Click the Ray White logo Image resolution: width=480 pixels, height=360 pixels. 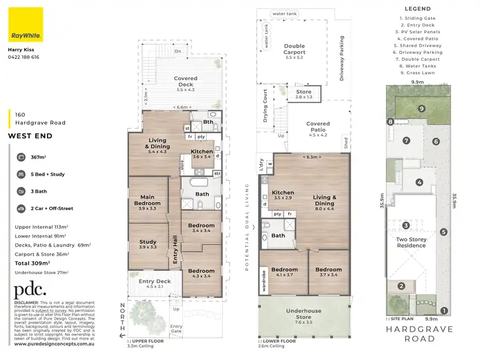pos(26,24)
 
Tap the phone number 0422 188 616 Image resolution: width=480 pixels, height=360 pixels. pos(24,57)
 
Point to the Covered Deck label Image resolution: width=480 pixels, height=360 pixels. pos(186,82)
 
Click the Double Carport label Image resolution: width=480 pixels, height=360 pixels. pos(294,50)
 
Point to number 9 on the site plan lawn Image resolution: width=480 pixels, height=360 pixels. pos(422,109)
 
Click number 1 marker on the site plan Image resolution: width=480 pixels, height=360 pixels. pos(444,311)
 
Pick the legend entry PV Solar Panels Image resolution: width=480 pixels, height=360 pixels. pos(419,31)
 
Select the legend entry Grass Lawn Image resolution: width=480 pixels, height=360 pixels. pos(419,73)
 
